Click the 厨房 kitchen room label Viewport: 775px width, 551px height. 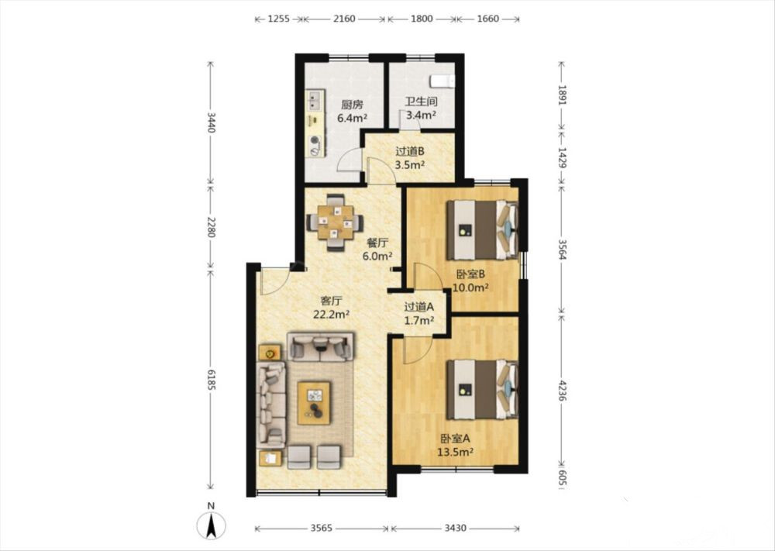coord(353,105)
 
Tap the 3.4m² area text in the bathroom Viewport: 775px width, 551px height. coord(421,115)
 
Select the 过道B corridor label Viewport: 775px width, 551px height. coord(410,152)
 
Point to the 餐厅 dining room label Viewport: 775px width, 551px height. coord(377,243)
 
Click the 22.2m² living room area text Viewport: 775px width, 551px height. coord(332,314)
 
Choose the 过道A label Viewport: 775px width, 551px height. coord(419,307)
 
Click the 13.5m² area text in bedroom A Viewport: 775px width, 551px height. coord(456,451)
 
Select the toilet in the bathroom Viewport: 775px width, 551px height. coord(442,81)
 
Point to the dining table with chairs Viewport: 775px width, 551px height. coord(336,222)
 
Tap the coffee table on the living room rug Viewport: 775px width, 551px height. coord(314,402)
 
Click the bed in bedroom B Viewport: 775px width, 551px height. coord(482,230)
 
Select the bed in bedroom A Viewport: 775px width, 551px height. coord(482,389)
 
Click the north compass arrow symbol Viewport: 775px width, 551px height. coord(211,525)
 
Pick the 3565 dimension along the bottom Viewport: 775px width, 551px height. coord(322,529)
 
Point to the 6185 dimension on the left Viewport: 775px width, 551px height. coord(211,380)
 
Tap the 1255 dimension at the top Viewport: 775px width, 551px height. coord(278,19)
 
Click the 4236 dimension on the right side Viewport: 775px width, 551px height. coord(562,389)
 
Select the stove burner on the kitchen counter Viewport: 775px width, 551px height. coord(315,143)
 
